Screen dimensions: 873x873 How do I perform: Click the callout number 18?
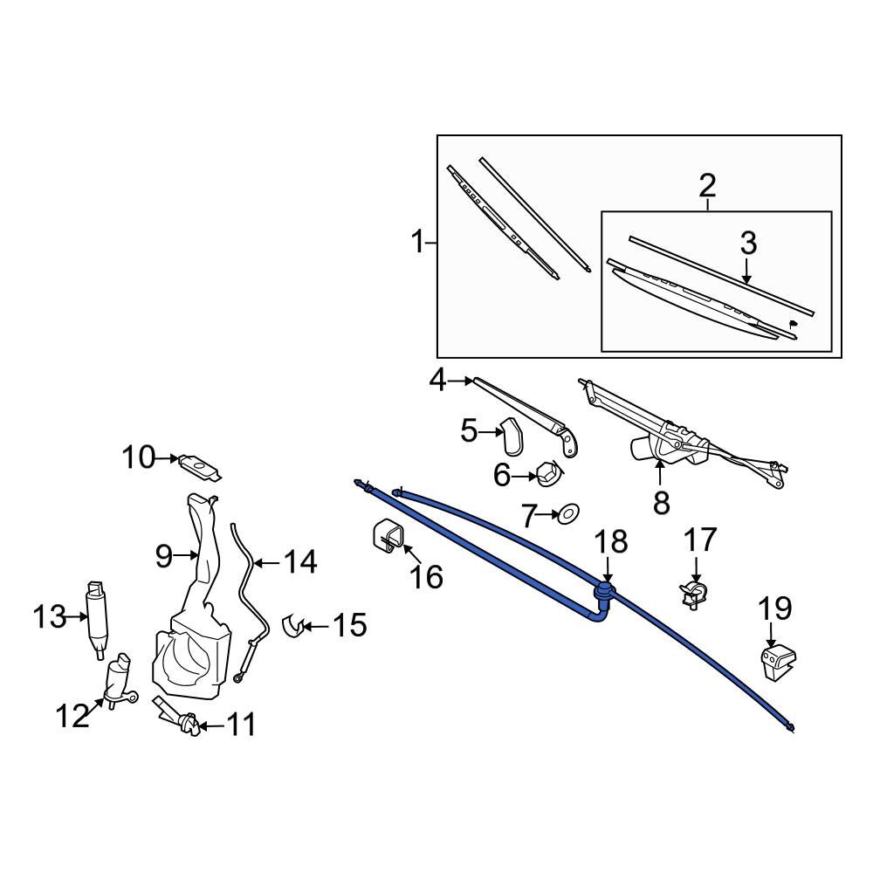611,541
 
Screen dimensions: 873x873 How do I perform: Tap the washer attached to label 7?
569,513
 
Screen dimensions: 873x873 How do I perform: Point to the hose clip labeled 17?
695,595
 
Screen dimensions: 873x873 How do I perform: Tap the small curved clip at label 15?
294,625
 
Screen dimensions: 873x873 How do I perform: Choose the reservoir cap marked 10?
200,467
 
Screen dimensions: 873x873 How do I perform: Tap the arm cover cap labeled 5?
512,435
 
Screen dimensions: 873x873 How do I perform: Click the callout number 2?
707,185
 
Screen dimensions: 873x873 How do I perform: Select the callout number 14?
299,561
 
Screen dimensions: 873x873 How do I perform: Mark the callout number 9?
164,555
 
